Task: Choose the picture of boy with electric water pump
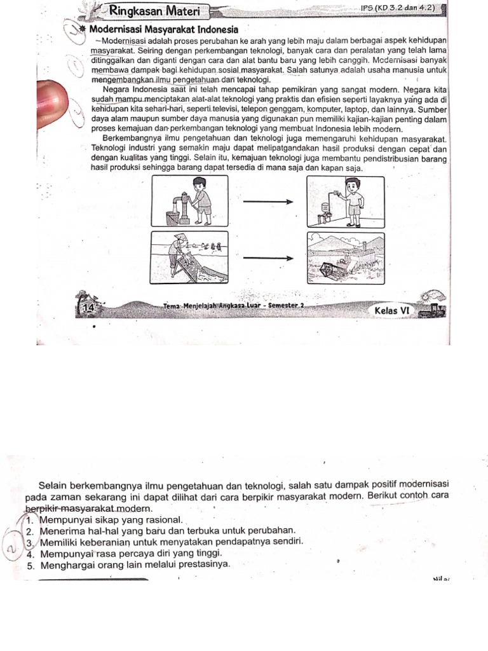[x=345, y=202]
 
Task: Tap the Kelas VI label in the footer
[x=394, y=310]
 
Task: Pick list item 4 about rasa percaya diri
[x=127, y=553]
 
